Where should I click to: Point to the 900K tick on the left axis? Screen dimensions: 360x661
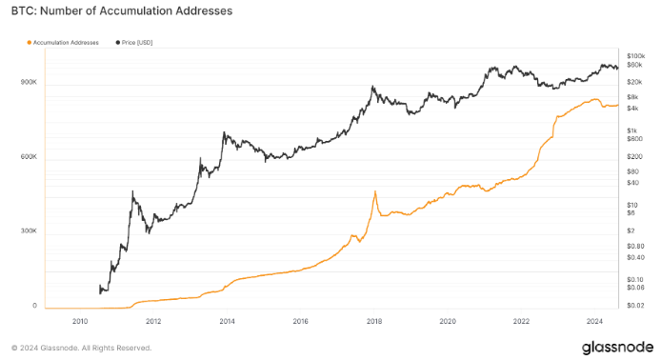tap(28, 83)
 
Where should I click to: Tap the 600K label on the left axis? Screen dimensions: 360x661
tap(28, 157)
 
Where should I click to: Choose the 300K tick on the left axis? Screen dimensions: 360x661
tap(28, 231)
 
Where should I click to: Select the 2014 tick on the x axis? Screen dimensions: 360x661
tap(227, 322)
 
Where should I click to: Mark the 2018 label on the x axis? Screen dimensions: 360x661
tap(373, 322)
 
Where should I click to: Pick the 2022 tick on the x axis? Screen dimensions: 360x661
tap(521, 322)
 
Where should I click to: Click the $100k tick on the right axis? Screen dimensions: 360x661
tap(635, 56)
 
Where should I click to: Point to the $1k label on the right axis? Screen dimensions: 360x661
tap(631, 130)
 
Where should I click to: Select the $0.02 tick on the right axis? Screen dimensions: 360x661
tap(634, 305)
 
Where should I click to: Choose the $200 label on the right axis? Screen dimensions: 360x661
tap(633, 155)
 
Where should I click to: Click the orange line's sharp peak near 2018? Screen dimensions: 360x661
tap(375, 191)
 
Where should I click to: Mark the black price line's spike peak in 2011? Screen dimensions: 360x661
tap(132, 192)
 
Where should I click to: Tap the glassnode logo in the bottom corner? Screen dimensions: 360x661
tap(616, 347)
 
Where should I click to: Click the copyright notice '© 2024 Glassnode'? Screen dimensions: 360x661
tap(81, 348)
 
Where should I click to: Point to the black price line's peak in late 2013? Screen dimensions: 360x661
tap(223, 132)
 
